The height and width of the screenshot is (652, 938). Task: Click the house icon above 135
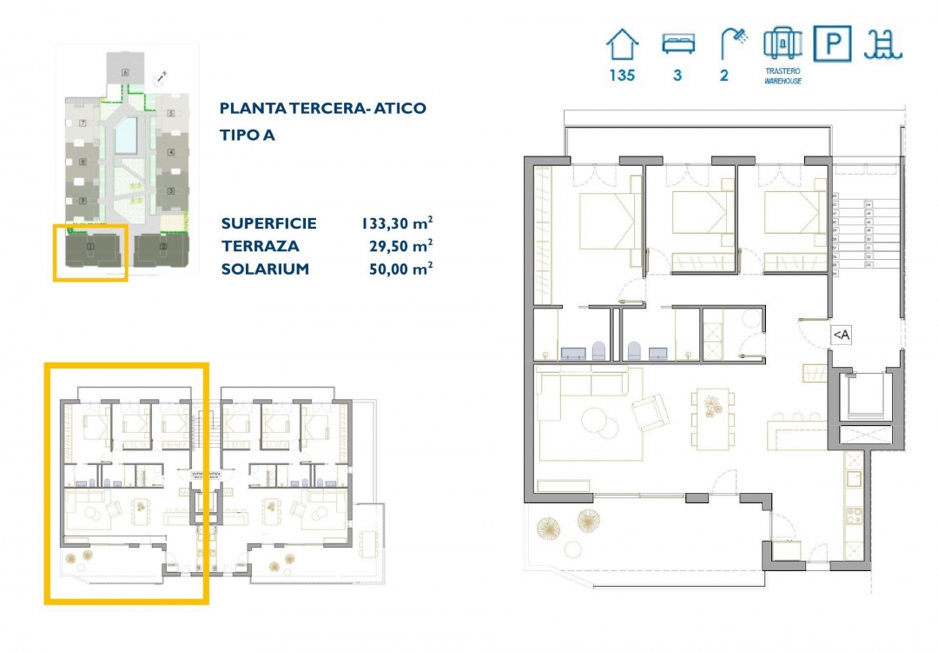pos(622,43)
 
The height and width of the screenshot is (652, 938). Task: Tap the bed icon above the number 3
pos(677,43)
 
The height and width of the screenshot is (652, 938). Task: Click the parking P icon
pos(833,43)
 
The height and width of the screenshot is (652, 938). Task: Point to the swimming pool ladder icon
pos(883,43)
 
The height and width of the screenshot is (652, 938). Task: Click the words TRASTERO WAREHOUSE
pos(783,76)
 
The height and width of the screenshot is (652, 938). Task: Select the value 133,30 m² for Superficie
pos(397,223)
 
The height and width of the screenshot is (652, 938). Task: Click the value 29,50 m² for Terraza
pos(401,246)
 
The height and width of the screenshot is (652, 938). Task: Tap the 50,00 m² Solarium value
pos(401,269)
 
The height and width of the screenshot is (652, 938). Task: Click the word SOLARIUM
pos(265,269)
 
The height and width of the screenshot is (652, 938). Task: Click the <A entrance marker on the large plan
pos(841,335)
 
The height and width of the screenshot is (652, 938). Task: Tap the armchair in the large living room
pos(651,412)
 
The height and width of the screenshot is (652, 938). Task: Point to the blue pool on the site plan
pos(126,133)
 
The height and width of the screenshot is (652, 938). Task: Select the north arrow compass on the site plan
pos(160,77)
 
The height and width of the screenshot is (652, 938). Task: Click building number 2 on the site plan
pos(163,248)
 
